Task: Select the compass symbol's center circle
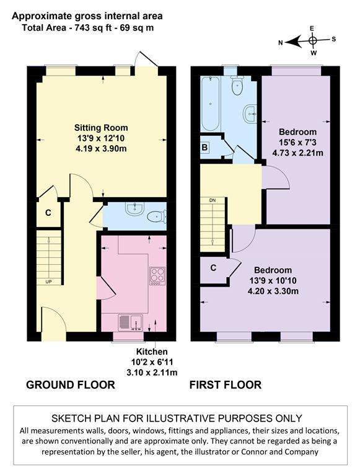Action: coord(313,41)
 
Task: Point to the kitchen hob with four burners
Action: coord(157,275)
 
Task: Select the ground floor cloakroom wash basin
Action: coord(133,210)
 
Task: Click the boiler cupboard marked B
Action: coord(204,148)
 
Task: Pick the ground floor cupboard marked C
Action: coord(47,213)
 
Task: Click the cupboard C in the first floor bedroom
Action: coord(213,269)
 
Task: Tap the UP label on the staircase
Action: coord(48,282)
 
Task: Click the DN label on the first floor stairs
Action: coord(213,200)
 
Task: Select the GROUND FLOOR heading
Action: coord(70,384)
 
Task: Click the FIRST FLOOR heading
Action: coord(226,384)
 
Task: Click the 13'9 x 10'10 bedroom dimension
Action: coord(273,280)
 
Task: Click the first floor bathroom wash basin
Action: coord(250,113)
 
